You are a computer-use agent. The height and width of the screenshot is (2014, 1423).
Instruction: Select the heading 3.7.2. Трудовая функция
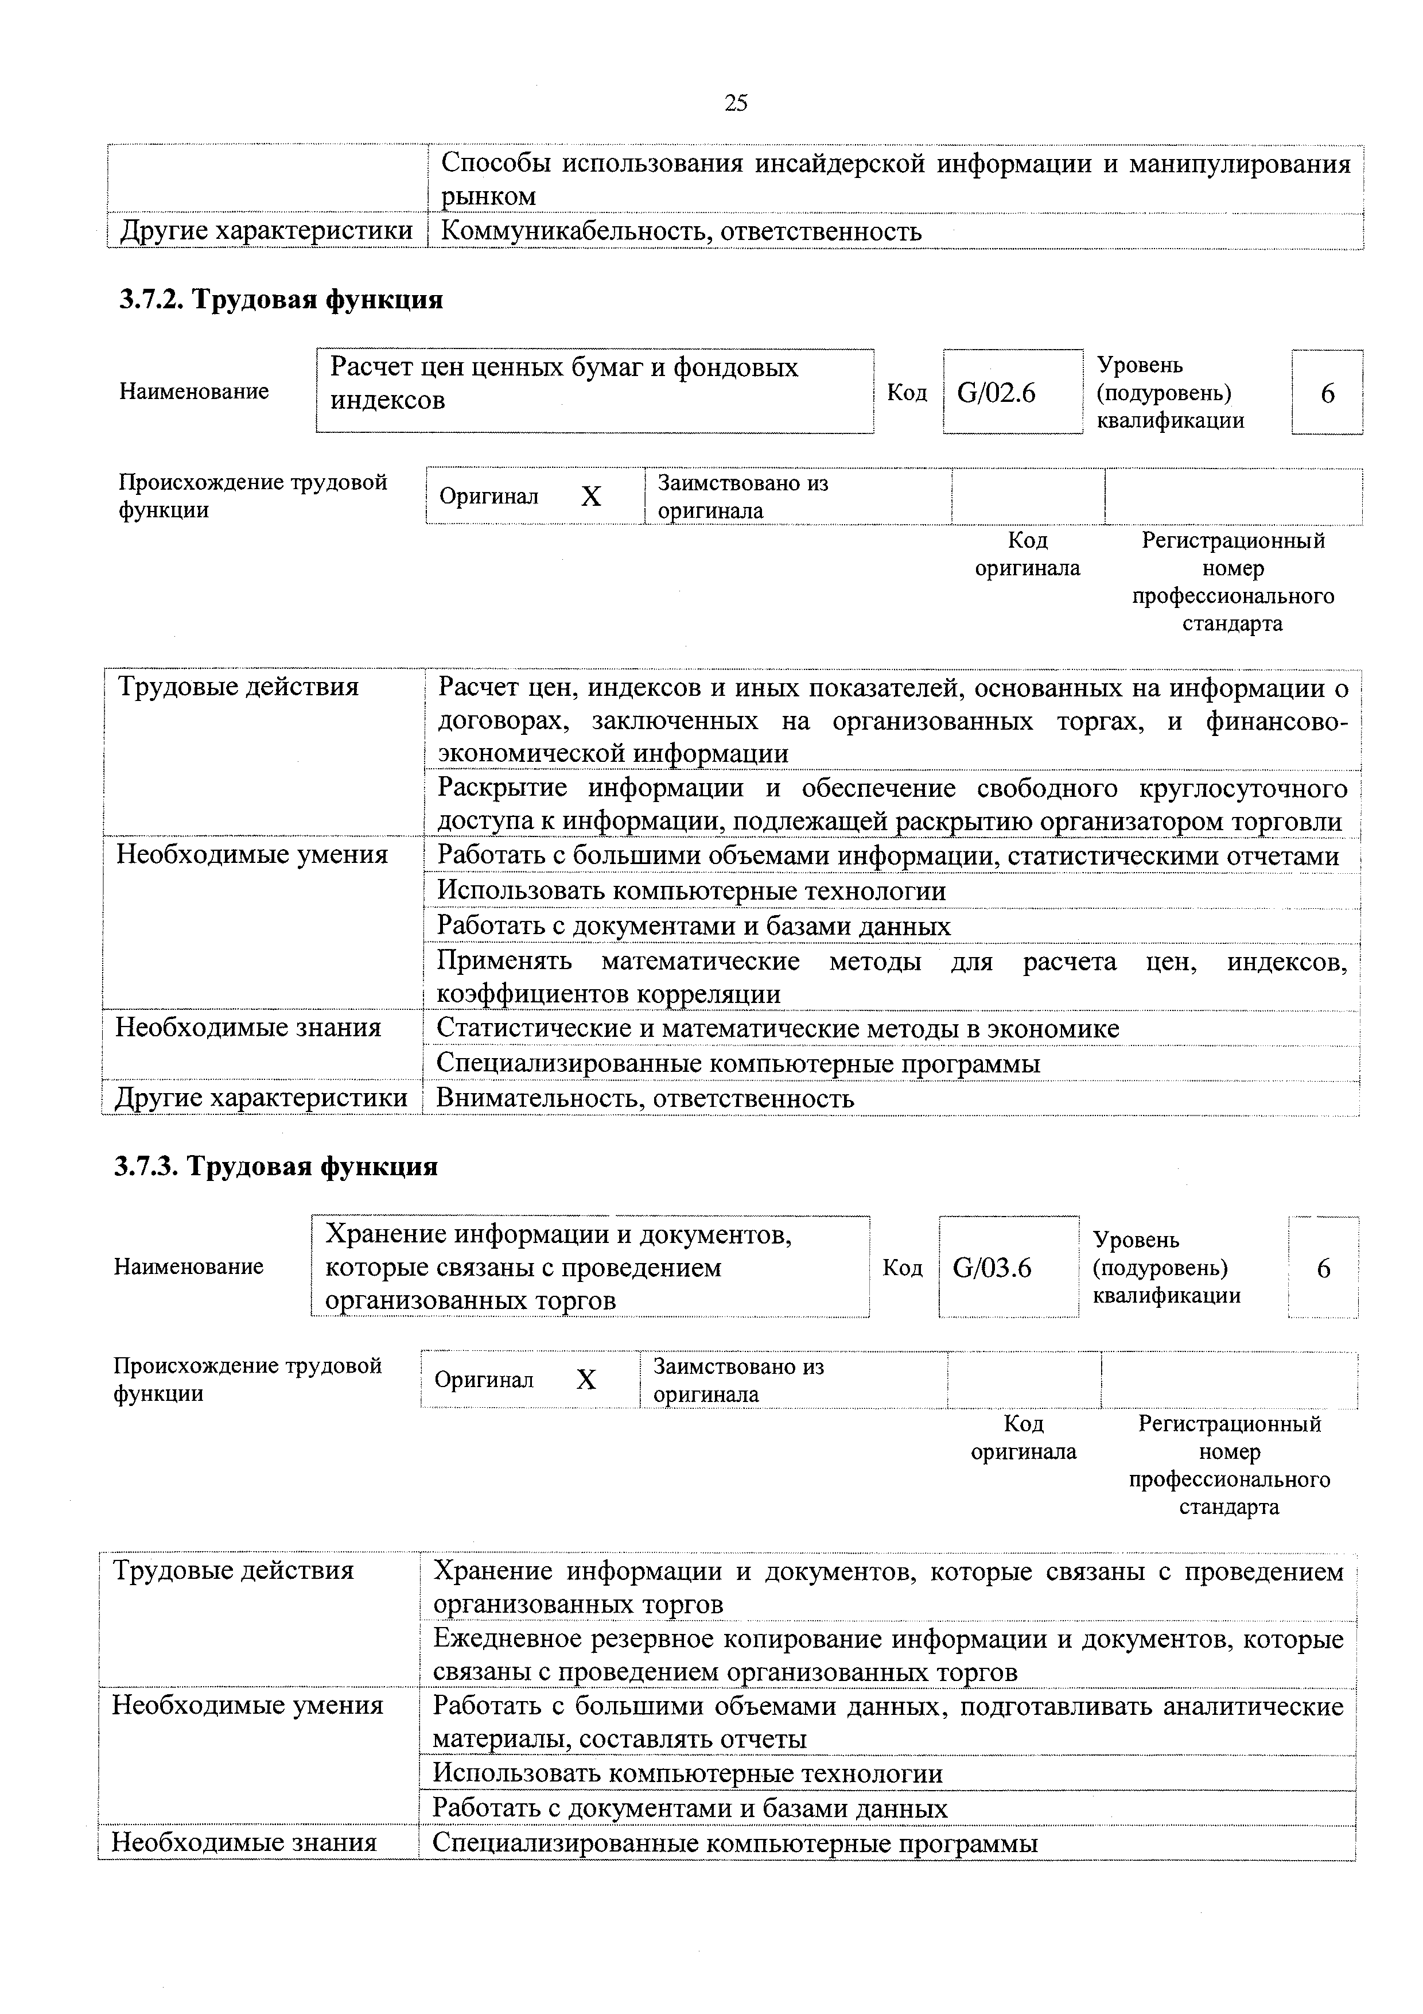tap(281, 300)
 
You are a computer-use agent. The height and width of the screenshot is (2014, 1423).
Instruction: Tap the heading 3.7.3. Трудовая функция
tap(276, 1167)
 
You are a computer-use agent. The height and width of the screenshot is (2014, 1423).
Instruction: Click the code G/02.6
tap(996, 393)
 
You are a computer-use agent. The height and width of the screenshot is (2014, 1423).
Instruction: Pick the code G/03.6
tap(992, 1268)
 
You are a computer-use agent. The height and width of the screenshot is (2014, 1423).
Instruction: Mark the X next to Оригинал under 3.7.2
tap(592, 497)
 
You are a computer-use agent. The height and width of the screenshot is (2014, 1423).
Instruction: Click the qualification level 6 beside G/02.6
tap(1327, 393)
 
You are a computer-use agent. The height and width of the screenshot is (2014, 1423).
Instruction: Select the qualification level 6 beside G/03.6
tap(1324, 1268)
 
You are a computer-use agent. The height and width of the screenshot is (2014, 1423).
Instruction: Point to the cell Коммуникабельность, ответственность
tap(681, 231)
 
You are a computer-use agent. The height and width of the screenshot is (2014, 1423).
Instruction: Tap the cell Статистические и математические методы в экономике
tap(777, 1028)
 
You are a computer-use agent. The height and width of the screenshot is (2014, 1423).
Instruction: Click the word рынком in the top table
tap(488, 196)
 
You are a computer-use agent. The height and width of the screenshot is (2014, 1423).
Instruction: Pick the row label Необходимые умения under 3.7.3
tap(248, 1705)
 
